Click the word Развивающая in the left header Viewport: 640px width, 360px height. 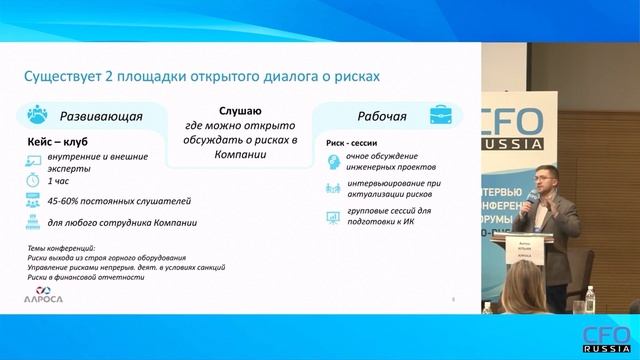101,116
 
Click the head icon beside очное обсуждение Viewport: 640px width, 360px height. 334,162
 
